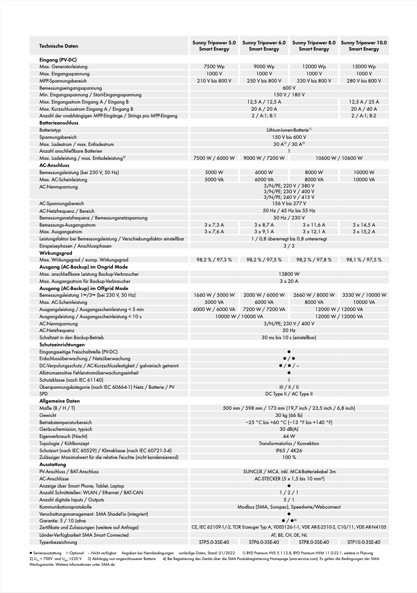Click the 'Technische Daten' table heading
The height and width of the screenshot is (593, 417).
click(59, 46)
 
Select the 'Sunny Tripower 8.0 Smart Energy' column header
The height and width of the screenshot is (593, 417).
click(314, 46)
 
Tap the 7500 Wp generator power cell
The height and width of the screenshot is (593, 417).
click(214, 67)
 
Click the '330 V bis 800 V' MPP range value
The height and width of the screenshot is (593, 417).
click(314, 81)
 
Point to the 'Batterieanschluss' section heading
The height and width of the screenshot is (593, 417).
click(59, 123)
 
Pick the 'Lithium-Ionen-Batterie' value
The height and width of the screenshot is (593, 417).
click(289, 130)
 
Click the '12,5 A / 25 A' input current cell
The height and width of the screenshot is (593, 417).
click(364, 102)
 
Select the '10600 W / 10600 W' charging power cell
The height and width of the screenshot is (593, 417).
click(339, 158)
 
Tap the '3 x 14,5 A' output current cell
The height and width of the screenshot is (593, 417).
click(364, 224)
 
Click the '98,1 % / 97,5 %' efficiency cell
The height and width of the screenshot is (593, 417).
click(364, 260)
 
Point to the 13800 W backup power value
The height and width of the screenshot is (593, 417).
click(289, 274)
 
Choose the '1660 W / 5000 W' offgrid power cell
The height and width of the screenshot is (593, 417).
click(214, 295)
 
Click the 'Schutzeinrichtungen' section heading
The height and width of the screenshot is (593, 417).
click(62, 344)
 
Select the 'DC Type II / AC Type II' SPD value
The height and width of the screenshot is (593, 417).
click(289, 394)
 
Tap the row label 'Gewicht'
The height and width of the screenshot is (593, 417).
click(48, 415)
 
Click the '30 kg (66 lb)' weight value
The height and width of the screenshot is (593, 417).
click(289, 415)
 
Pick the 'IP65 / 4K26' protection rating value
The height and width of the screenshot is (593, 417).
click(289, 450)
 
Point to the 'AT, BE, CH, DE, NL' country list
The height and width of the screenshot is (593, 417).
click(289, 535)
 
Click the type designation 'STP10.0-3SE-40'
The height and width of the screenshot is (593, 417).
click(364, 542)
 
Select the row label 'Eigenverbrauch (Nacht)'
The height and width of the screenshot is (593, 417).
click(63, 436)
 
